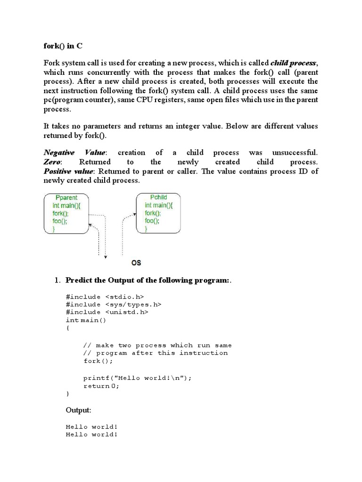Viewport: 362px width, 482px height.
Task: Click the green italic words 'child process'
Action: (293, 63)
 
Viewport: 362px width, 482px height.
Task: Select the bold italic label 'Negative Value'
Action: (75, 153)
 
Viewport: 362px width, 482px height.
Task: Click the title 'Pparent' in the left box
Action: (66, 198)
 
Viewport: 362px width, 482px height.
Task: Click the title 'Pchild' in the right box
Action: (158, 197)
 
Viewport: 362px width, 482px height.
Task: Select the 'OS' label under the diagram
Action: (136, 262)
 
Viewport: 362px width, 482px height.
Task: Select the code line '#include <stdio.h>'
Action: (105, 297)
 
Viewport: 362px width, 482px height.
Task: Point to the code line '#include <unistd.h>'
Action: (107, 312)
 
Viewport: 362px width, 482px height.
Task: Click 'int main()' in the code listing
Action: (86, 320)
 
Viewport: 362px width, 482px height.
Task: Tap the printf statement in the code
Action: (138, 378)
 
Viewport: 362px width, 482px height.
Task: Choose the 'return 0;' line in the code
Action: (101, 386)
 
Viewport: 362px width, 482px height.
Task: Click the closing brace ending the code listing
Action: (68, 393)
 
